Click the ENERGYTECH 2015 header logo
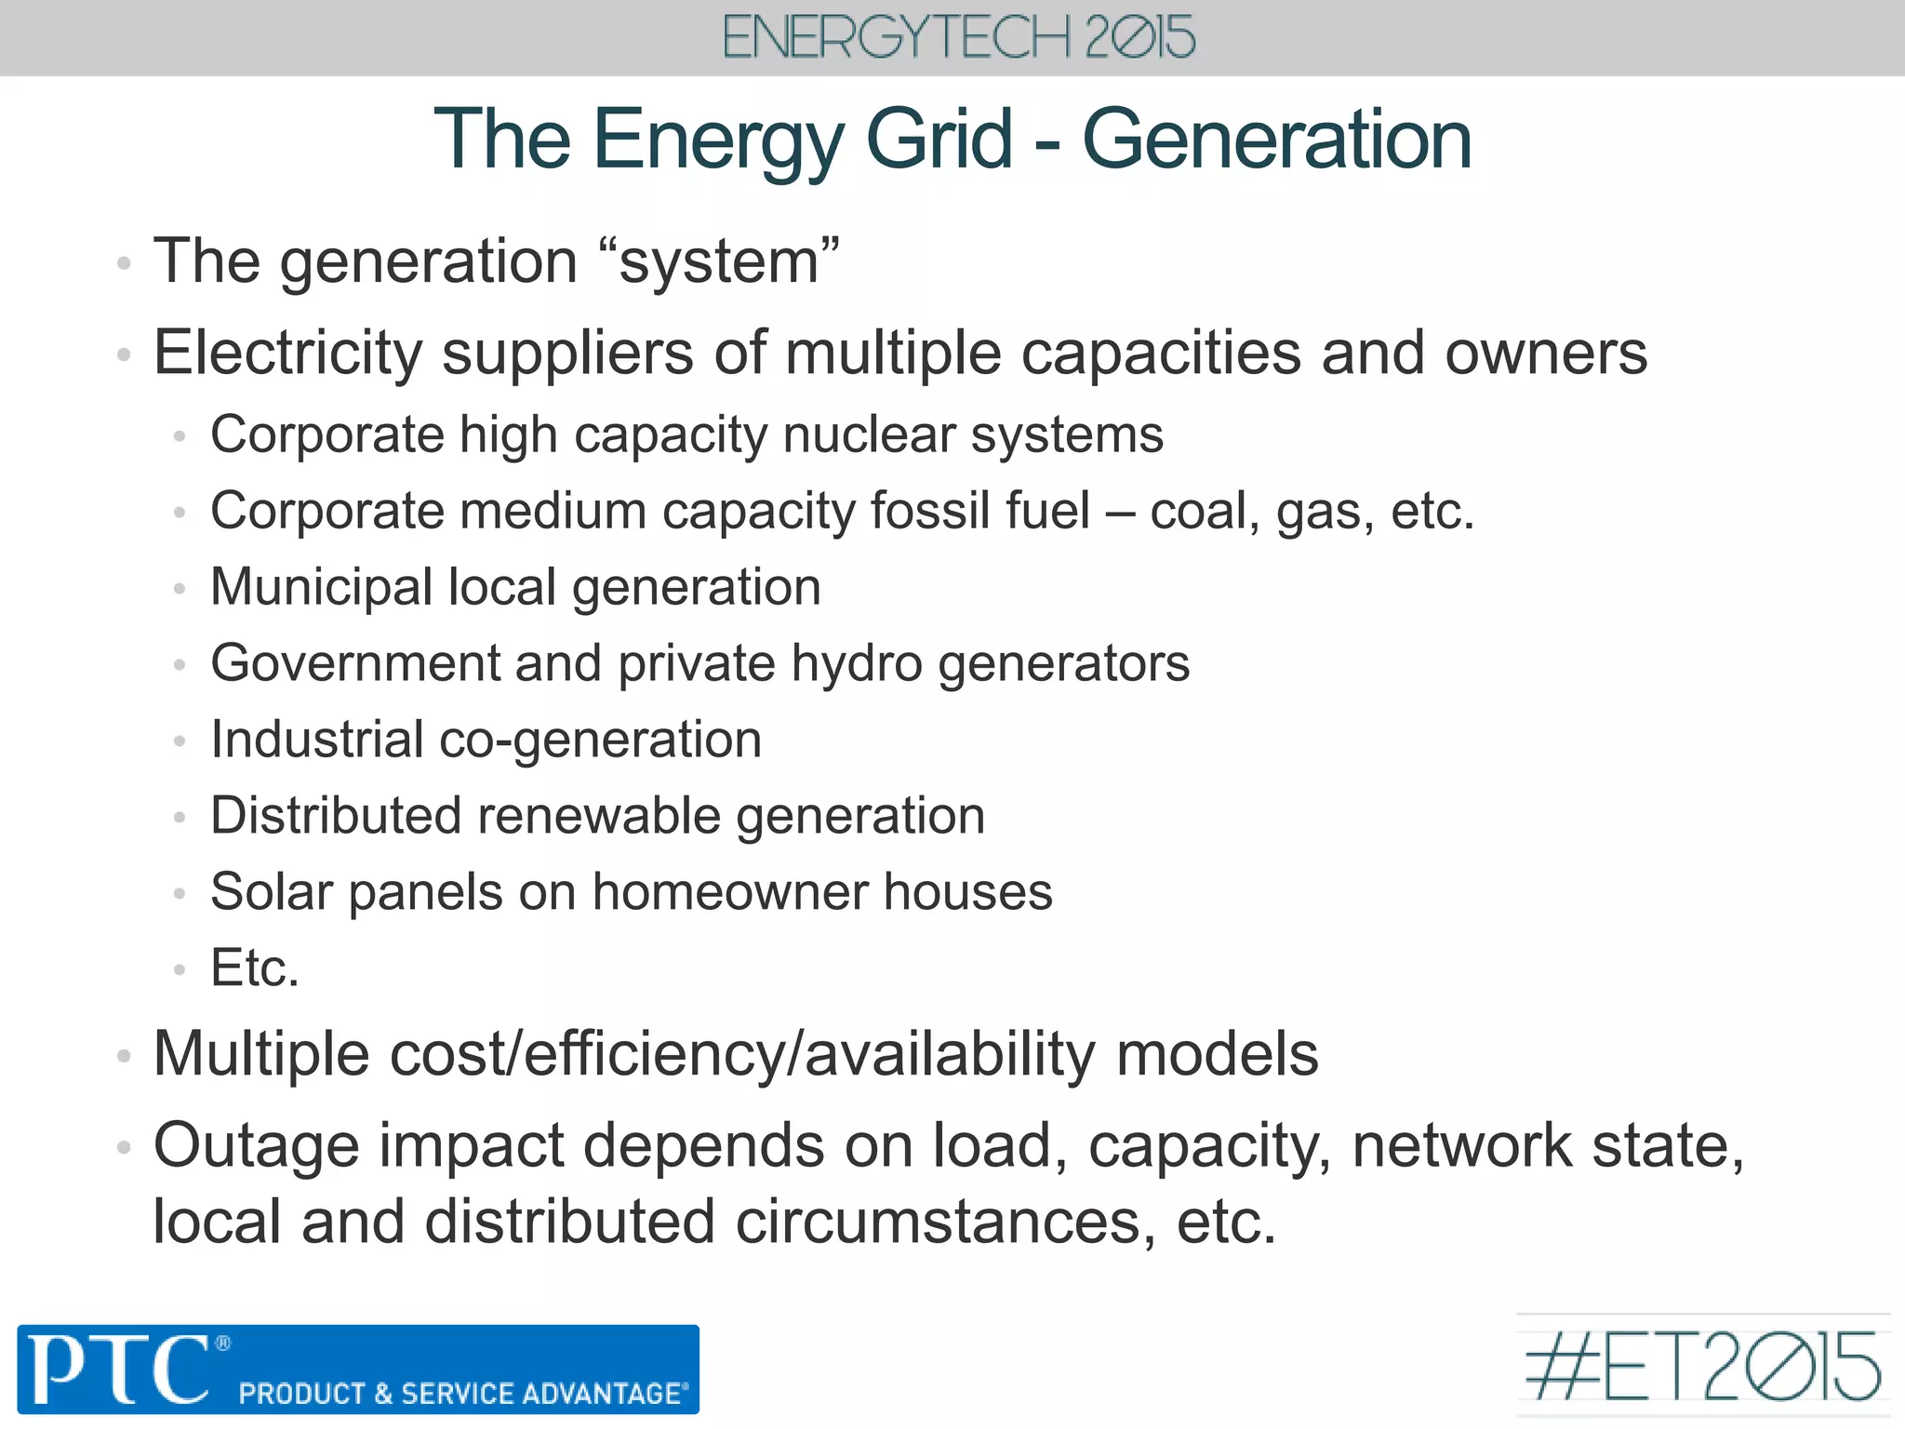point(958,38)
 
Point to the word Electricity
point(288,354)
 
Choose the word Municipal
point(321,588)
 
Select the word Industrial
point(317,740)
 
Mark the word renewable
point(599,816)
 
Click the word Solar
point(271,892)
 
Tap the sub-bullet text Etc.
point(255,968)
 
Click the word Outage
point(256,1146)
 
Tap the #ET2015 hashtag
point(1702,1367)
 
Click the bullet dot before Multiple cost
point(124,1056)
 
